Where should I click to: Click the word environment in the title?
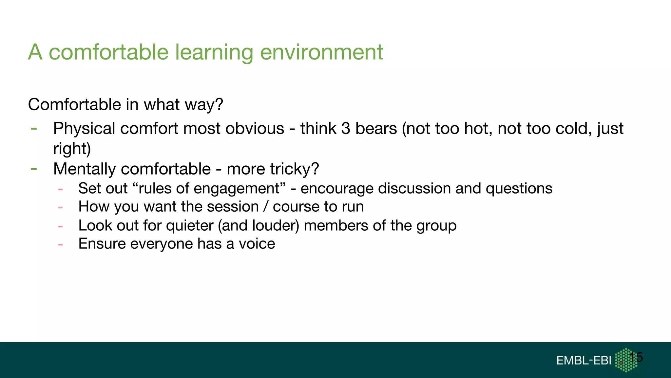321,52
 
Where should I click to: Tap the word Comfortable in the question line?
75,105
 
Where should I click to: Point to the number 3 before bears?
346,129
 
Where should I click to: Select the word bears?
376,129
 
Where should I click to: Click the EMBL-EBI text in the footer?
584,361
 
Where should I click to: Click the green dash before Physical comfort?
34,129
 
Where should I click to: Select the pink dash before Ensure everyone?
60,244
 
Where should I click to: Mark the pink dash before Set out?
60,189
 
